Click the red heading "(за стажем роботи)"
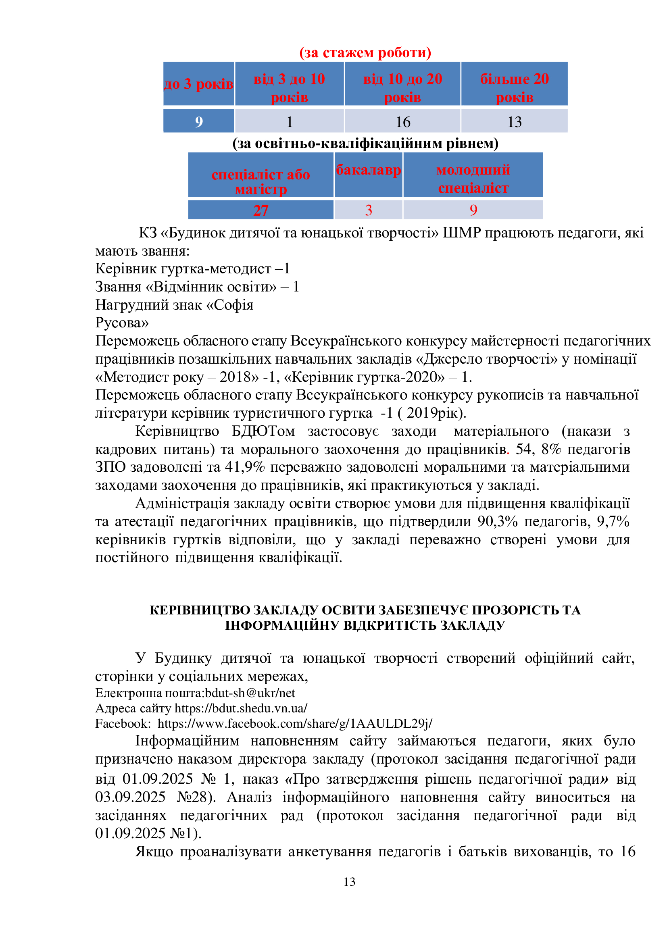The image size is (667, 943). (365, 52)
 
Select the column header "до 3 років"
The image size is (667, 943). (199, 84)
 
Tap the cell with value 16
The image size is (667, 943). (402, 122)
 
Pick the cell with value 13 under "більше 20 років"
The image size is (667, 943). (514, 122)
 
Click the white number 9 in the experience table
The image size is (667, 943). (199, 122)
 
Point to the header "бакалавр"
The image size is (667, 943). (369, 170)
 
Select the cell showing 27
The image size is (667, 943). (261, 210)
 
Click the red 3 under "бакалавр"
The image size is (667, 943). (369, 210)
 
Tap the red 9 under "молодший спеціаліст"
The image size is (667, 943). (473, 210)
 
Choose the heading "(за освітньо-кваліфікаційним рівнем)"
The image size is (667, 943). (365, 144)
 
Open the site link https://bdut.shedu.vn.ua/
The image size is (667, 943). (241, 708)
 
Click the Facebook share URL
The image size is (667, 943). (294, 723)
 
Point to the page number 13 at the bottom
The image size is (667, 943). (349, 882)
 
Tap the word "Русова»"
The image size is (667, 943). (122, 323)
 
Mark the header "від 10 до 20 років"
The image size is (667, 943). (402, 88)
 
